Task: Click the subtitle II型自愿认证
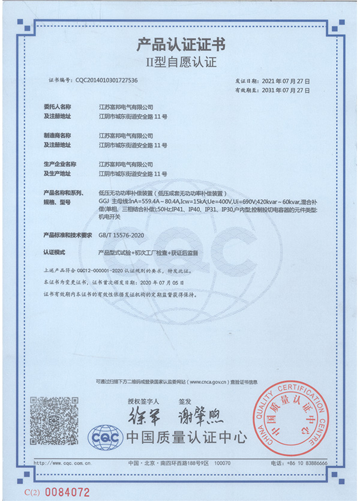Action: click(181, 61)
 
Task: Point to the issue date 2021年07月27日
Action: click(286, 80)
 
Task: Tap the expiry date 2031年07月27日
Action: click(286, 90)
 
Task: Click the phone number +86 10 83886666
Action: click(307, 463)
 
